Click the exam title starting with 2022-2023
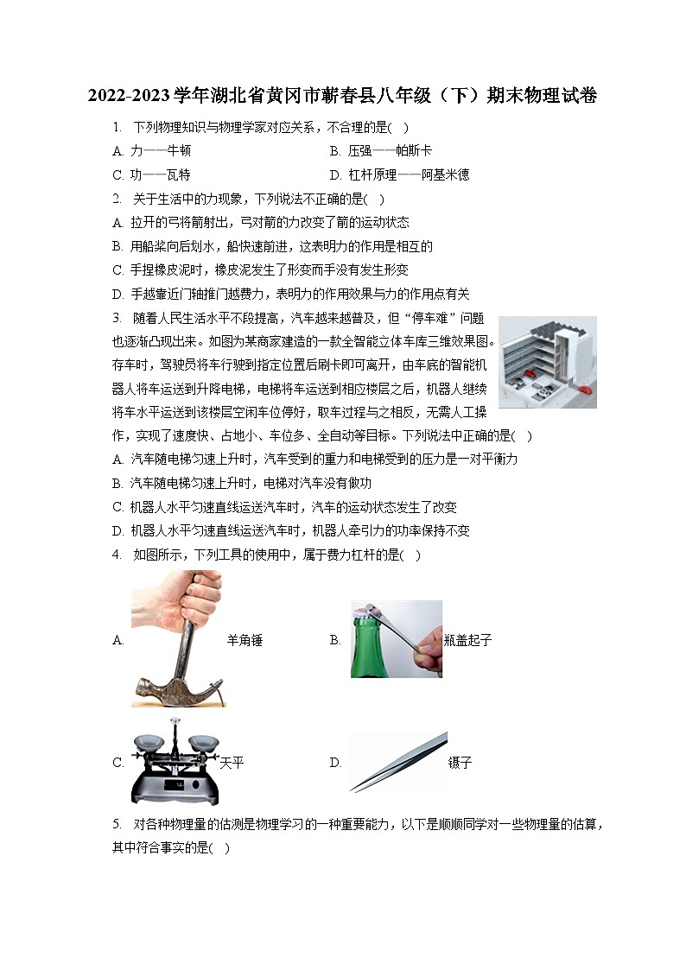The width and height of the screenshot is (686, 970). (342, 96)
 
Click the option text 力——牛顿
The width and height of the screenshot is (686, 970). (160, 150)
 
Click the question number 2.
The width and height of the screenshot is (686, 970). (117, 199)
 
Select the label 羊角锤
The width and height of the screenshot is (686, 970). (245, 640)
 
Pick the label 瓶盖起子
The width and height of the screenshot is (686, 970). (467, 640)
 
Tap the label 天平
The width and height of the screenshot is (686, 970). (232, 763)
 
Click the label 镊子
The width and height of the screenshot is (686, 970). (461, 763)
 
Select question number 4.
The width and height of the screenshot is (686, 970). (117, 555)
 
